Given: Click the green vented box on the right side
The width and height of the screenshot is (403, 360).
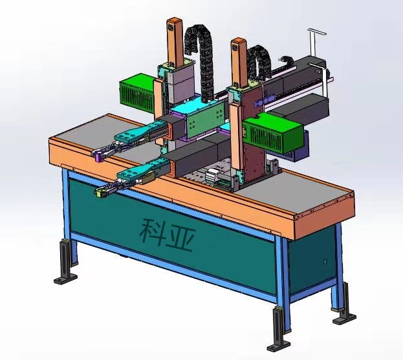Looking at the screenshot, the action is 274,132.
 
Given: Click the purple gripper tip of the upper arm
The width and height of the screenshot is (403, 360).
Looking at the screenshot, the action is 100,156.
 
